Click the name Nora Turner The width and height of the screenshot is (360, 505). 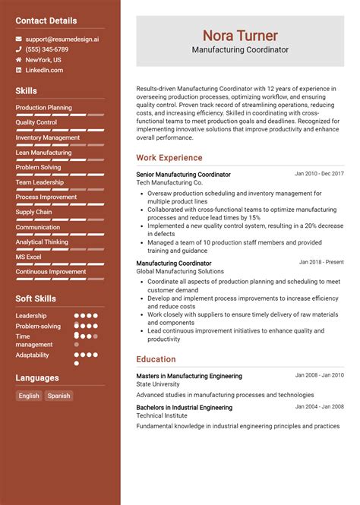(x=239, y=36)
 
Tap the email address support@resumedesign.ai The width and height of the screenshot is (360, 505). (x=62, y=38)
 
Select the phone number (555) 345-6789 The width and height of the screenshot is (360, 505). (x=46, y=49)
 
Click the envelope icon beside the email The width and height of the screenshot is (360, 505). (x=19, y=39)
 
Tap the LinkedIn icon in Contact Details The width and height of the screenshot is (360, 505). (x=19, y=71)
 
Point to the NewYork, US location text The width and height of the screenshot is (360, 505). (x=43, y=60)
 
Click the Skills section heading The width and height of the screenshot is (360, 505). (x=26, y=91)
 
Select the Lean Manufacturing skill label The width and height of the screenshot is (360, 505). (x=43, y=153)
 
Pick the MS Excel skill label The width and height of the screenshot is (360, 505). (x=30, y=257)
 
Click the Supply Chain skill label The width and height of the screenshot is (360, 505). (x=34, y=212)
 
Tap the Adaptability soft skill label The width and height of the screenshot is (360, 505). (x=32, y=355)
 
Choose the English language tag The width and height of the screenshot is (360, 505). (x=29, y=396)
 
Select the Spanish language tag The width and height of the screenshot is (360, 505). (x=58, y=396)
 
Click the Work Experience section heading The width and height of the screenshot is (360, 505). (x=169, y=158)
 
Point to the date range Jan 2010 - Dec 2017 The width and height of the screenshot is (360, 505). (x=319, y=174)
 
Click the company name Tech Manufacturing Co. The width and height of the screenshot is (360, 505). (x=169, y=183)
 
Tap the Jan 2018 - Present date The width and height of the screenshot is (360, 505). (x=321, y=262)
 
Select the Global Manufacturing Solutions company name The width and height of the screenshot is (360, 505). (x=180, y=271)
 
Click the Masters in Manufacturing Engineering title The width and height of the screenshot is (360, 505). (x=189, y=376)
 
